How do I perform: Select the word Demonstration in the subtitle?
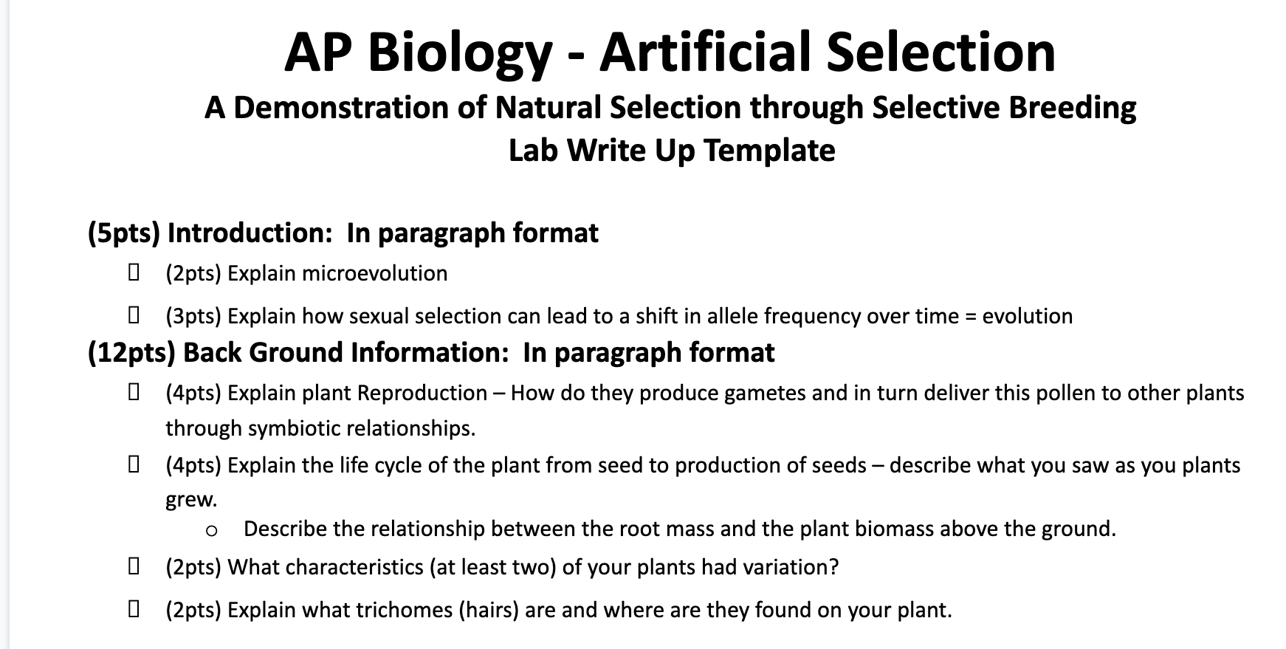341,108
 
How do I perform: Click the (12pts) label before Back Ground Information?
131,353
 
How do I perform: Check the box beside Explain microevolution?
134,273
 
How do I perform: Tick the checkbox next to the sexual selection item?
134,316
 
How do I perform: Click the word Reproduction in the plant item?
422,393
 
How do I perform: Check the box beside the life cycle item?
134,465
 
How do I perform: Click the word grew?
190,500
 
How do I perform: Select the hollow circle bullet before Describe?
212,530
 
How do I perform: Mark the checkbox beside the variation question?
134,567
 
